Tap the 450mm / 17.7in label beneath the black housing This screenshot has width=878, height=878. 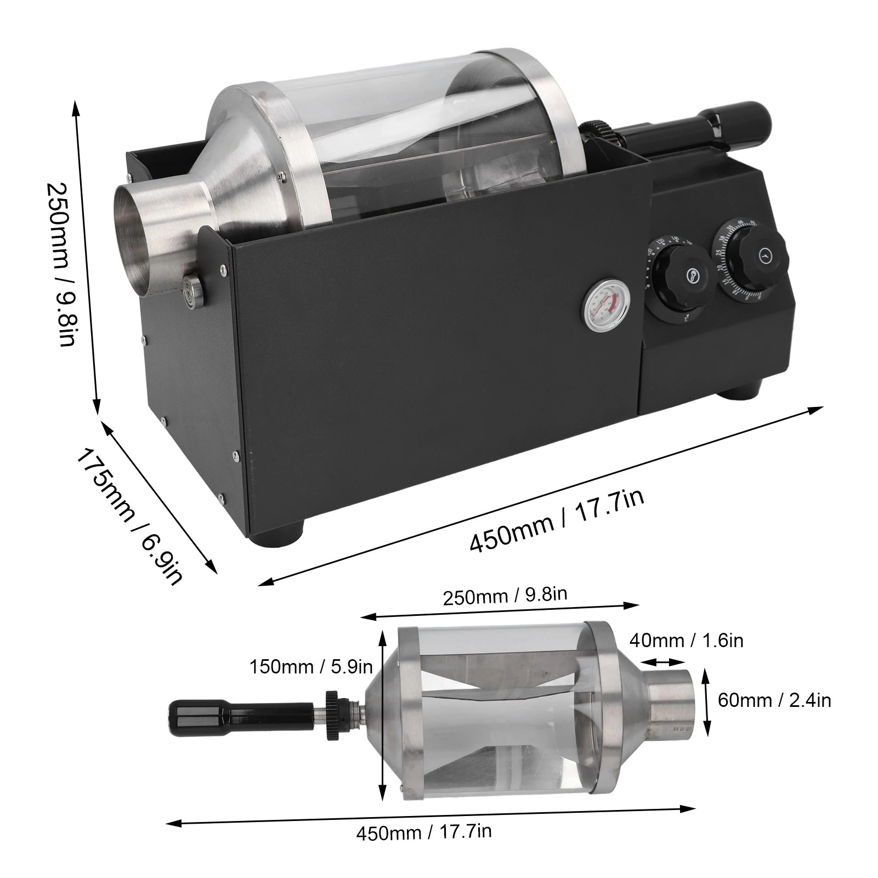[557, 522]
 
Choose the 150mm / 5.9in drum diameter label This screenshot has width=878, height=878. [311, 667]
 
